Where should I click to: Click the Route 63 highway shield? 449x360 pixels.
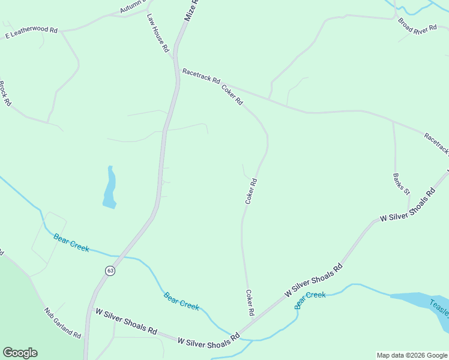pyautogui.click(x=110, y=271)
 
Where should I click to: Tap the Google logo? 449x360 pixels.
pyautogui.click(x=20, y=353)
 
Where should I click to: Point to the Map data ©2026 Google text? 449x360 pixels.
pyautogui.click(x=412, y=355)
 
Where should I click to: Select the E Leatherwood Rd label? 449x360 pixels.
pyautogui.click(x=31, y=33)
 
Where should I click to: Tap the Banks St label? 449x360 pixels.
pyautogui.click(x=401, y=184)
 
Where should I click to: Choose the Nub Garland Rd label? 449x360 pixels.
pyautogui.click(x=62, y=323)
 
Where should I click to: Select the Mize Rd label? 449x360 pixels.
pyautogui.click(x=191, y=11)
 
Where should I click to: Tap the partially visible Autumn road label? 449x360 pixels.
pyautogui.click(x=133, y=7)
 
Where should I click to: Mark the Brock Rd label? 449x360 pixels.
pyautogui.click(x=5, y=93)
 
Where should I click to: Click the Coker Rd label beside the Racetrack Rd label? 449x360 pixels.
pyautogui.click(x=232, y=95)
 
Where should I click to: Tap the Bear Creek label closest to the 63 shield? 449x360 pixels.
pyautogui.click(x=71, y=242)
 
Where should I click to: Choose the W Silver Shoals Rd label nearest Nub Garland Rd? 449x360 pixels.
pyautogui.click(x=126, y=320)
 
